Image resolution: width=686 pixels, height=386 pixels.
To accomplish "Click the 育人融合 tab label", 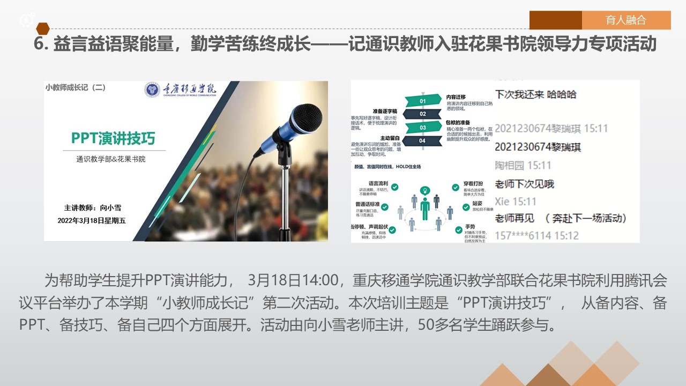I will pos(625,20).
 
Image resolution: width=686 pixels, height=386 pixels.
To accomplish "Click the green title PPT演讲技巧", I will pos(113,138).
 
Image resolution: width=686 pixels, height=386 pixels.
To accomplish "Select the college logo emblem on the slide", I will pos(152,90).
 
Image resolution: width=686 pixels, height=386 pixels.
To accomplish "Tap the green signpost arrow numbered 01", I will pos(423,101).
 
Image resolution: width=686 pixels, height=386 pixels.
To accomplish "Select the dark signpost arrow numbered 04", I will pos(423,140).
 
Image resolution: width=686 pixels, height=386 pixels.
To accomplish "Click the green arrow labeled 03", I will pos(423,127).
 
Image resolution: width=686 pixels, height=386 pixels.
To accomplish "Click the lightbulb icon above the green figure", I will pos(425,190).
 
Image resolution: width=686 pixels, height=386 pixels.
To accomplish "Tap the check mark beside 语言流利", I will pos(395,187).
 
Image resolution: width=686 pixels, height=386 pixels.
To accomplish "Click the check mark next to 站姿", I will pos(459,204).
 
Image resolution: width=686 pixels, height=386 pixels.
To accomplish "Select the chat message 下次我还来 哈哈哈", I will pos(535,94).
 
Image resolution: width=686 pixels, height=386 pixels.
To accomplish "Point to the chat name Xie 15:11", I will pos(515,202).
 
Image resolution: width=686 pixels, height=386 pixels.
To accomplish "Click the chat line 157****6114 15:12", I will pos(536,235).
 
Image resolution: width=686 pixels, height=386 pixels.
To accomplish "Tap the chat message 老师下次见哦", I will pos(524,184).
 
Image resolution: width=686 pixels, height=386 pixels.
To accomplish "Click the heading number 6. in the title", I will pos(41,44).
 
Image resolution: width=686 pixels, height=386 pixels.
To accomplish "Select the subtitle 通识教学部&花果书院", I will pos(111,159).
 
